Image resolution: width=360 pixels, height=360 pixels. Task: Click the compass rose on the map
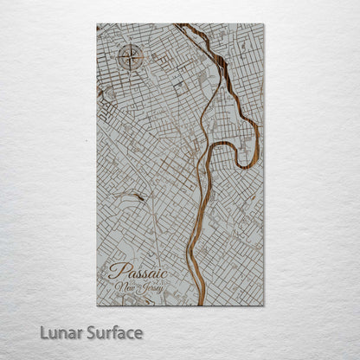pyautogui.click(x=130, y=58)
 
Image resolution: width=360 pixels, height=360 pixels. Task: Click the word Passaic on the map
pyautogui.click(x=138, y=271)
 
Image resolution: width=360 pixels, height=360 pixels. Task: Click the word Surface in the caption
pyautogui.click(x=112, y=331)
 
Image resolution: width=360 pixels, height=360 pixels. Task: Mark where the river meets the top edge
pyautogui.click(x=183, y=25)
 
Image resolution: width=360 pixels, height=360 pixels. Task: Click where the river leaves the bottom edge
pyautogui.click(x=201, y=305)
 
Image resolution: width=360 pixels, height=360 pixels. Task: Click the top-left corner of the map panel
pyautogui.click(x=97, y=24)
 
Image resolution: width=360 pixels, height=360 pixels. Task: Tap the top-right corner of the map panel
pyautogui.click(x=263, y=24)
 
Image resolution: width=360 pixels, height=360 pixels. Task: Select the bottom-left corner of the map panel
pyautogui.click(x=97, y=305)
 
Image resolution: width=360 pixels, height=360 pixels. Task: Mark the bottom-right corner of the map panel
pyautogui.click(x=263, y=305)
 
